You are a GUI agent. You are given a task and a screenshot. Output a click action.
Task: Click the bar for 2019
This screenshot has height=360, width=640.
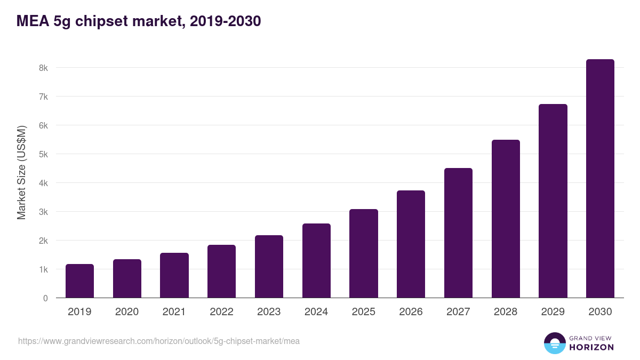79,281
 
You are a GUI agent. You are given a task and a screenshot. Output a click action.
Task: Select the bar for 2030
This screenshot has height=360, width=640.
600,179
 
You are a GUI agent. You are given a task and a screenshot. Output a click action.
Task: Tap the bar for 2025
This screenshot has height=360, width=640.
364,253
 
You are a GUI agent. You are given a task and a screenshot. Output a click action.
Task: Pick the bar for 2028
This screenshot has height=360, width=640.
506,219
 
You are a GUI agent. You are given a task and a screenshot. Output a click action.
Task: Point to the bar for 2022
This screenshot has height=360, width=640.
221,271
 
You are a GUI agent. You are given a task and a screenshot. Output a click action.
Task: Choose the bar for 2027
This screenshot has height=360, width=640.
458,233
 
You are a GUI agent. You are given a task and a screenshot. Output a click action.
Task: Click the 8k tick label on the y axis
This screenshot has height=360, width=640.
43,68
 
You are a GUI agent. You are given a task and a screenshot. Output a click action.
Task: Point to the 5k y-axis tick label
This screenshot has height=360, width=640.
43,154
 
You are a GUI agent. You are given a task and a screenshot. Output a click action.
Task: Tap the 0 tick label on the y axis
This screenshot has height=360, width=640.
45,298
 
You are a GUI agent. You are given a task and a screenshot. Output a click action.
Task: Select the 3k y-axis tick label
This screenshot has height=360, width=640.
43,212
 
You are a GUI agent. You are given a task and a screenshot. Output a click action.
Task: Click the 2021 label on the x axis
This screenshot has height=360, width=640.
174,312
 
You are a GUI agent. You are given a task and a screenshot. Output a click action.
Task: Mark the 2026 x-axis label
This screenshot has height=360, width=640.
411,312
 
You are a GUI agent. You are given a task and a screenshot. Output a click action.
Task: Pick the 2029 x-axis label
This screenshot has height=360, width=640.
553,312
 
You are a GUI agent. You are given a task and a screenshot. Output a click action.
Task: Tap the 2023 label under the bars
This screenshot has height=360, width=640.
269,312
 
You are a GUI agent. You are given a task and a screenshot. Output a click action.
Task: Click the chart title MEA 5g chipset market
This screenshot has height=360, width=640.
139,21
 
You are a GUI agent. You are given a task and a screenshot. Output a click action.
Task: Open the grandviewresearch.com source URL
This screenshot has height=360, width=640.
159,341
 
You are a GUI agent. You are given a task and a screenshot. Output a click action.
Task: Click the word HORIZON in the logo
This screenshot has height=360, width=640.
591,347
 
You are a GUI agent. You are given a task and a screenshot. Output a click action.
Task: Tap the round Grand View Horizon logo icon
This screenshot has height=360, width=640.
555,343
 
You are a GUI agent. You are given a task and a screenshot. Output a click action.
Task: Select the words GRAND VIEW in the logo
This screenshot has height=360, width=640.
591,338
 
